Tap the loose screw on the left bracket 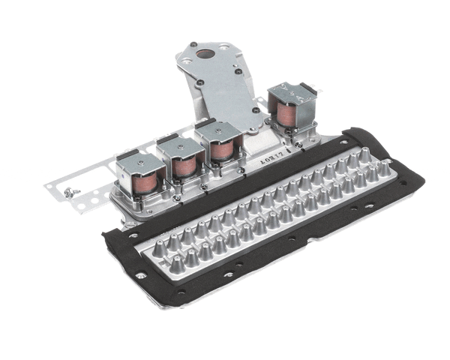pyautogui.click(x=73, y=192)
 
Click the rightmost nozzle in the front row pyautogui.click(x=384, y=169)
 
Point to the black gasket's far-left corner pyautogui.click(x=105, y=234)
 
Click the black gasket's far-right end pyautogui.click(x=420, y=180)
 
